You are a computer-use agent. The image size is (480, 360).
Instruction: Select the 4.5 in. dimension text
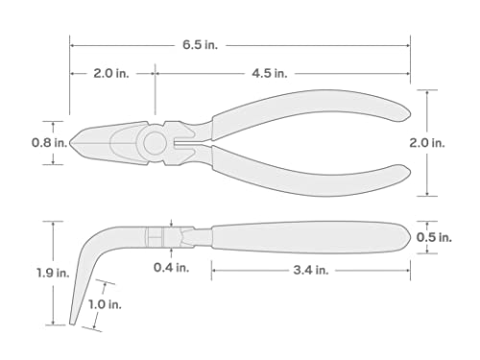[272, 73]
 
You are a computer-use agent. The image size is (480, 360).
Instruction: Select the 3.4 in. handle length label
[307, 271]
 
